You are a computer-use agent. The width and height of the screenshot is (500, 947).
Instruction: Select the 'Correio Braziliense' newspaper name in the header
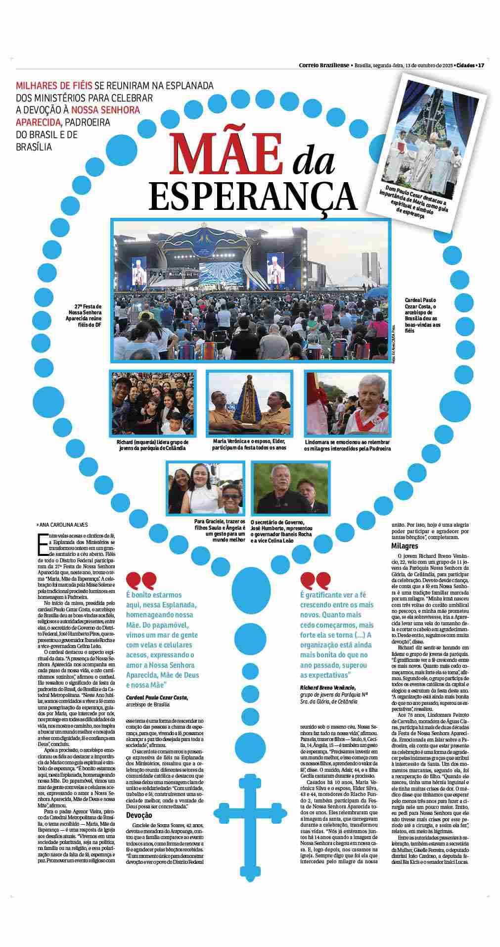pos(324,65)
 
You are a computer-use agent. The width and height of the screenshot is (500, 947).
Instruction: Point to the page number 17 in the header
pos(480,65)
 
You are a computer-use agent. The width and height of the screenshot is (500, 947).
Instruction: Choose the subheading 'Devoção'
pos(139,816)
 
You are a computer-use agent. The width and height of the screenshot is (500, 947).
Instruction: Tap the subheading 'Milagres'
pos(405,546)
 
